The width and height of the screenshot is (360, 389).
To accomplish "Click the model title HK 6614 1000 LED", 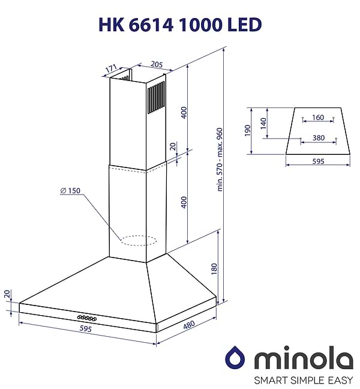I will click(179, 25).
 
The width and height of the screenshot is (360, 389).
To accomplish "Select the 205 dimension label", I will click(140, 64).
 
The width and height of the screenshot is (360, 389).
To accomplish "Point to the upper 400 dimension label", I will click(184, 112).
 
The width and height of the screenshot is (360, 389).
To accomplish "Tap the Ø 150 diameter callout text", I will click(70, 191).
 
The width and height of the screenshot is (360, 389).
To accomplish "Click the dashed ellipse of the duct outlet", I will click(138, 241).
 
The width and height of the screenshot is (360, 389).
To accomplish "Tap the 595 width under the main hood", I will click(86, 329).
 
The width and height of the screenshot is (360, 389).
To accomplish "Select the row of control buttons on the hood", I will click(87, 316).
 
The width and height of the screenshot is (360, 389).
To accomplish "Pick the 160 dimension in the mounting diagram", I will click(318, 118).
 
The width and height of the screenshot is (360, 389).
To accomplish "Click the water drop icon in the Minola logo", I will click(235, 359).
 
